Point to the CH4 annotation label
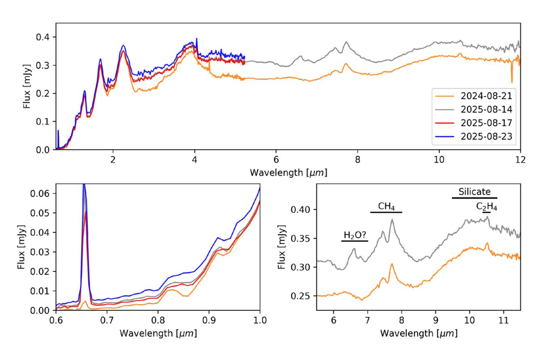[x=386, y=207]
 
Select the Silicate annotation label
[x=474, y=191]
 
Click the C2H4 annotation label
[x=487, y=207]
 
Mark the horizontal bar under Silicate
[x=474, y=198]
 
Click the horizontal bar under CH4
[x=386, y=212]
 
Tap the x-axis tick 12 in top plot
[x=520, y=159]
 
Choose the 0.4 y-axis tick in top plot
[x=43, y=37]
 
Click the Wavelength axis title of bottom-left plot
[x=158, y=333]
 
